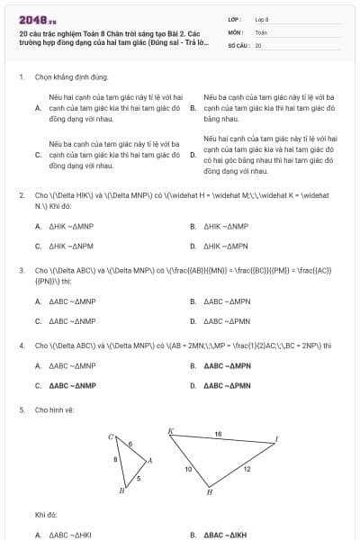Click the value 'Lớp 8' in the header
(x=262, y=18)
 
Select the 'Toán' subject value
(x=261, y=31)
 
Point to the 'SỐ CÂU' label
(x=238, y=44)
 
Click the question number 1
(x=21, y=77)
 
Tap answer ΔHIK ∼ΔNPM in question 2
(x=72, y=245)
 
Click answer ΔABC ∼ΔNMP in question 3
(x=72, y=320)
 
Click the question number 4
(x=21, y=345)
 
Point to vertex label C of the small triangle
(x=111, y=437)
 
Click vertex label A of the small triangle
(x=149, y=460)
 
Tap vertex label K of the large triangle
(x=170, y=431)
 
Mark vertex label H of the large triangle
(x=210, y=492)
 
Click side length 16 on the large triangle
(x=218, y=434)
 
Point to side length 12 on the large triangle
(x=246, y=470)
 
